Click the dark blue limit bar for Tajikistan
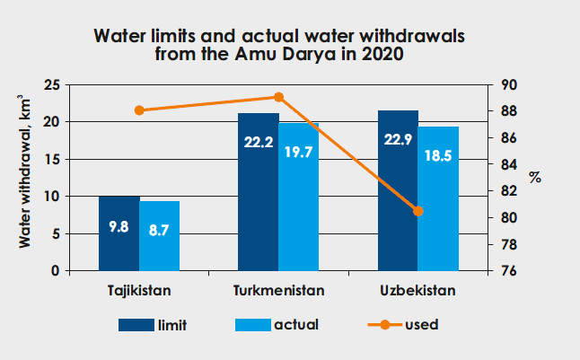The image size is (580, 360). (x=119, y=233)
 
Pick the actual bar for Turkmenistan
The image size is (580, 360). (x=298, y=198)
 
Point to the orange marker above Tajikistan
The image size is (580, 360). (x=139, y=110)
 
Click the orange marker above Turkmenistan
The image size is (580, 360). (x=278, y=97)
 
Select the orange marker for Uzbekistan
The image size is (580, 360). (x=417, y=211)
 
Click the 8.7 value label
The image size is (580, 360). (x=159, y=229)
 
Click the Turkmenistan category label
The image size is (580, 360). (x=278, y=292)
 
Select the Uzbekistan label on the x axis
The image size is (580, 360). (x=417, y=292)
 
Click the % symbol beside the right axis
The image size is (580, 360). (x=535, y=177)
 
